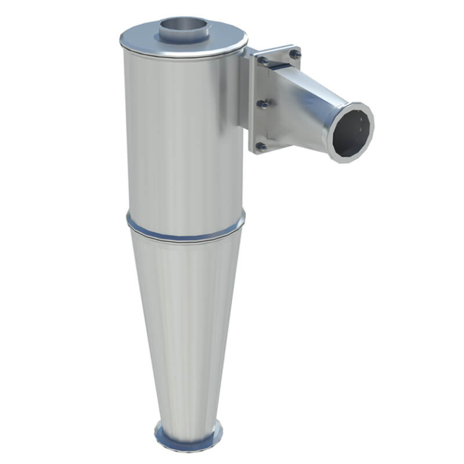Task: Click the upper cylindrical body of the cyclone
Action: click(181, 133)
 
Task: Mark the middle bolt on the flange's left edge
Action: click(263, 104)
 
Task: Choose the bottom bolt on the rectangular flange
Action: click(261, 146)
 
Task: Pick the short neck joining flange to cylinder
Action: click(245, 91)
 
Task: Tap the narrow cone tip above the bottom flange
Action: click(188, 411)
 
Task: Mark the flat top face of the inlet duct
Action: click(320, 85)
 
